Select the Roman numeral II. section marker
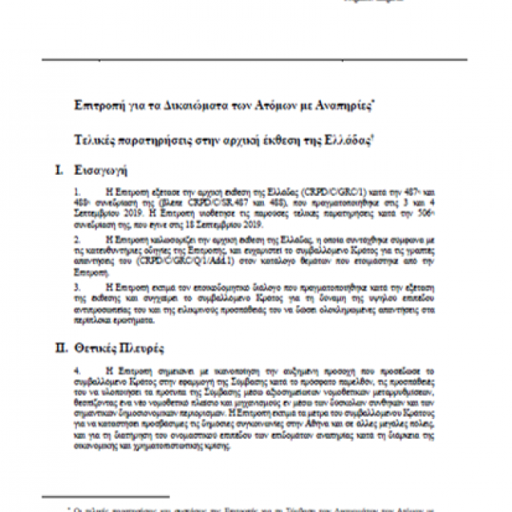pos(62,348)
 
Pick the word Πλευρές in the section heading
pos(156,348)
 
